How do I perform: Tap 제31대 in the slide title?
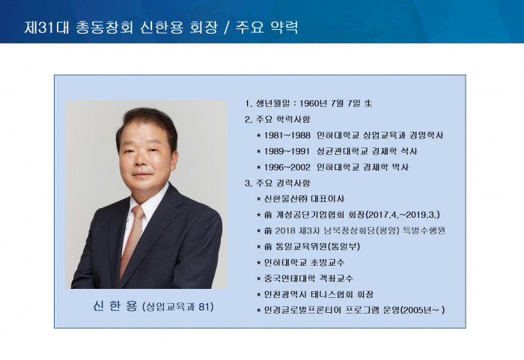(46, 28)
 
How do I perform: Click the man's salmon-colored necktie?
(132, 240)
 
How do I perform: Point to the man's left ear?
(174, 159)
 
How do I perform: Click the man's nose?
(140, 159)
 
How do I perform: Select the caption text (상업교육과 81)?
(178, 307)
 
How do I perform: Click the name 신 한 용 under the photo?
(115, 306)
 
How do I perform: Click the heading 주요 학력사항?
(283, 119)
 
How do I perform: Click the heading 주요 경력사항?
(283, 183)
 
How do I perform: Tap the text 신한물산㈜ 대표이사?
(304, 199)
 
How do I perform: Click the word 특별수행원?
(424, 231)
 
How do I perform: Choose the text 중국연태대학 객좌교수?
(308, 278)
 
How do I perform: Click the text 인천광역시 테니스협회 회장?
(318, 294)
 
